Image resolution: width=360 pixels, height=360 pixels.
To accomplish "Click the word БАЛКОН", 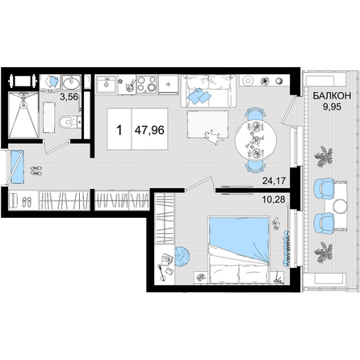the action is coord(332,96).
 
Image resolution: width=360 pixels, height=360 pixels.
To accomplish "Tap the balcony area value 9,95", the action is coord(332,107).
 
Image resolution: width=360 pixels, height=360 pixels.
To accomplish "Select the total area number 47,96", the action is coord(149,130).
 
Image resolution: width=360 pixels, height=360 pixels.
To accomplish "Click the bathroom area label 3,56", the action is coord(69,97).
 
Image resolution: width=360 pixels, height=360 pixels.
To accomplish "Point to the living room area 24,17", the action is coord(274,181).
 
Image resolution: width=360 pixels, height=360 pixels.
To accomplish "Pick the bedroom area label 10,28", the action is coord(274,200).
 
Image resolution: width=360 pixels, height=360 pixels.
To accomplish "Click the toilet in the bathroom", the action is coord(69,123).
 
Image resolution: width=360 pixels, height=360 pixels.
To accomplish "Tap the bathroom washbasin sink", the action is coord(71,82).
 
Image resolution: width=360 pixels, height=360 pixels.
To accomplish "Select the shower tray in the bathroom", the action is coord(23,115).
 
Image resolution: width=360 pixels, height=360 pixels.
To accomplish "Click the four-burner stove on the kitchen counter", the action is coord(147,84).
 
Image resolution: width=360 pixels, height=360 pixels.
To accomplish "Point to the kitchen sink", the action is coord(107,84).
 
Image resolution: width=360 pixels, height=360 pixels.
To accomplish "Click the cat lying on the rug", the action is coord(214,137).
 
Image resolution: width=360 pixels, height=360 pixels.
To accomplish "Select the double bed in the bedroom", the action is coord(239,249).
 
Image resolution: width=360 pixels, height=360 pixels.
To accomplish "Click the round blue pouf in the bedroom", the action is coord(182,257).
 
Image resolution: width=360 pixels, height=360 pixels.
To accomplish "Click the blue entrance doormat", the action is coord(17,167).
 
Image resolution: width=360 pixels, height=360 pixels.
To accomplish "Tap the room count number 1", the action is coord(119,130).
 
